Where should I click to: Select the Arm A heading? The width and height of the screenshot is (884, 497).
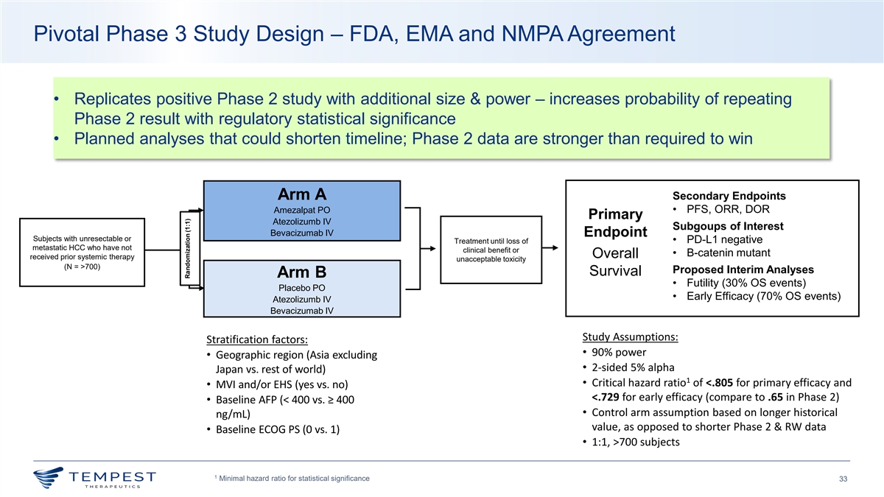[x=302, y=194]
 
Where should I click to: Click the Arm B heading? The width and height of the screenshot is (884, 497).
[x=302, y=272]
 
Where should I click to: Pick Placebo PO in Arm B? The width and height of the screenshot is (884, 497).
[x=302, y=287]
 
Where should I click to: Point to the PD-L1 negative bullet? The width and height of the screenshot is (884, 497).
[x=724, y=239]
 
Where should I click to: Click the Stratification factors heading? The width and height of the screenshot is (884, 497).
[x=256, y=339]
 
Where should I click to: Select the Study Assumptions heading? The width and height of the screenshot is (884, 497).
[x=630, y=337]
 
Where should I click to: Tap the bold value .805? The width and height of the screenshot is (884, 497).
[x=720, y=382]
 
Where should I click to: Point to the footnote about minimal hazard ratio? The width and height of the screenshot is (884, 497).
[x=290, y=479]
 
